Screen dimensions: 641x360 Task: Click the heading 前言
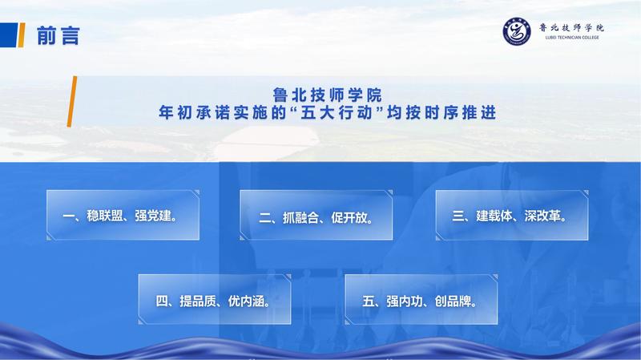pos(58,35)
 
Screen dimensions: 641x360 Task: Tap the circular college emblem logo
pos(517,31)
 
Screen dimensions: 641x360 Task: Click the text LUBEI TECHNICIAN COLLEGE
pos(572,37)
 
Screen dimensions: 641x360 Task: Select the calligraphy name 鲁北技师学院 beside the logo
pos(571,28)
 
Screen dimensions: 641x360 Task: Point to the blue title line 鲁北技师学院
pos(327,95)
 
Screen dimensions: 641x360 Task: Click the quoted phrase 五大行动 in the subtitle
pos(337,112)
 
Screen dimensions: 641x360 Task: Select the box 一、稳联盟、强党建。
pos(123,215)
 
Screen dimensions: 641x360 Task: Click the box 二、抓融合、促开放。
pos(316,215)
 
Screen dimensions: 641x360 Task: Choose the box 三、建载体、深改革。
pos(512,215)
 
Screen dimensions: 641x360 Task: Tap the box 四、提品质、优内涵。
pos(215,299)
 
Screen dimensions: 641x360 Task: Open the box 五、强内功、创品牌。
pos(421,299)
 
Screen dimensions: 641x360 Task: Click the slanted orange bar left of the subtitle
pos(72,102)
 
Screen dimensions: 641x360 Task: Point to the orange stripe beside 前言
pos(22,35)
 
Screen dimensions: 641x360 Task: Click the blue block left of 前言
pos(9,35)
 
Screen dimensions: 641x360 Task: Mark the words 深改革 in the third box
pos(542,216)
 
